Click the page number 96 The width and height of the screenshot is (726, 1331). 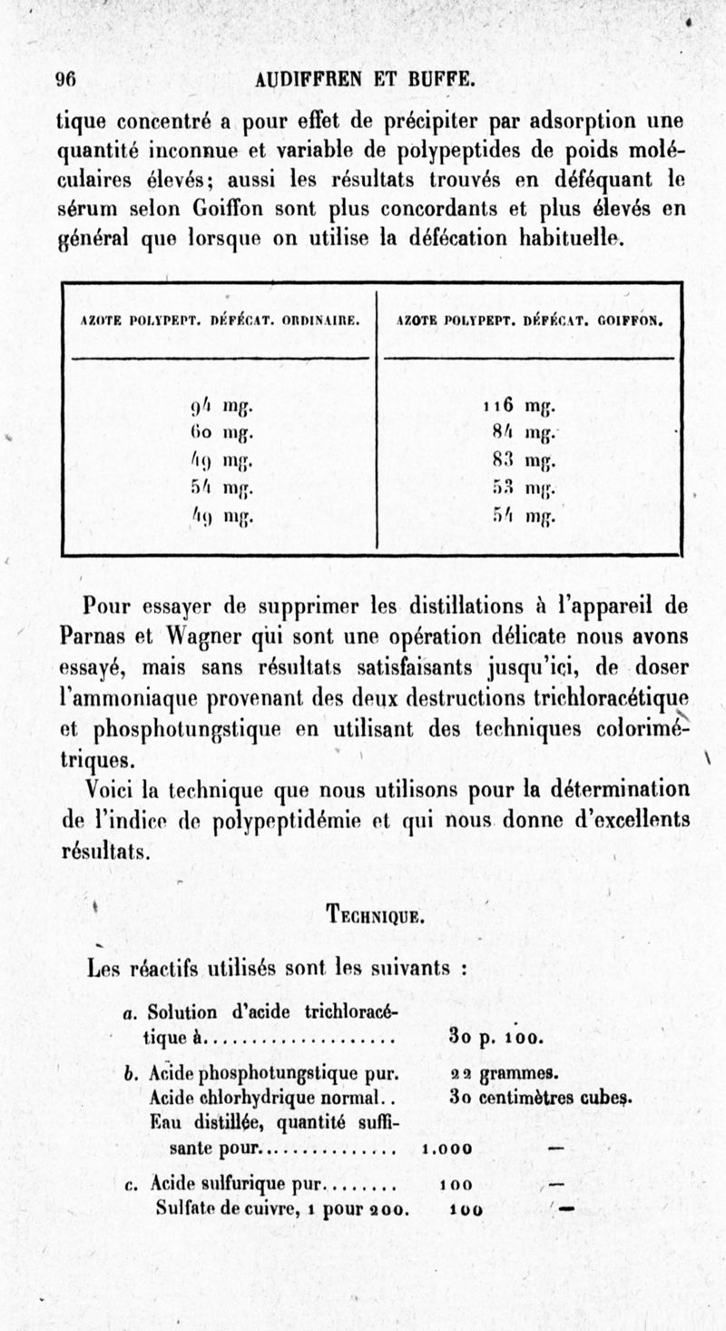point(66,80)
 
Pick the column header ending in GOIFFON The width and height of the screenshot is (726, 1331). point(530,320)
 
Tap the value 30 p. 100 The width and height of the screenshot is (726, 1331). point(495,1036)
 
